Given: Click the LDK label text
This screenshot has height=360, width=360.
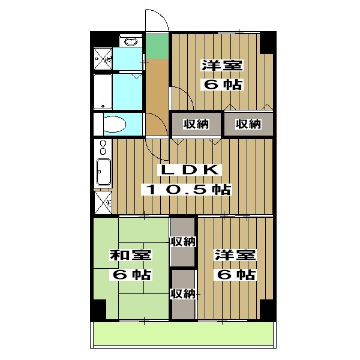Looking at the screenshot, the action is [190, 170].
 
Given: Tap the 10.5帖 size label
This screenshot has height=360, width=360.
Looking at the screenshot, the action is [187, 190].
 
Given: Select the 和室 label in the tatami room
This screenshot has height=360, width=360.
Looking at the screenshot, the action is [130, 255].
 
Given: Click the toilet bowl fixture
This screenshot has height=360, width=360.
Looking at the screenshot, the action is [115, 124].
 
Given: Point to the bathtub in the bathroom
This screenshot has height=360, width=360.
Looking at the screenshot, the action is [103, 92].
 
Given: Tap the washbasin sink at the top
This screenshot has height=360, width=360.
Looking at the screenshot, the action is [131, 41].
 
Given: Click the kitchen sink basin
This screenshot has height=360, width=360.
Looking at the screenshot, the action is [104, 172].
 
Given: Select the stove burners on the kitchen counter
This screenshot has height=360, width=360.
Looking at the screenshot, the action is [103, 147].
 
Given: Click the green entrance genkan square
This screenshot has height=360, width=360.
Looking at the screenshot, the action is [157, 46].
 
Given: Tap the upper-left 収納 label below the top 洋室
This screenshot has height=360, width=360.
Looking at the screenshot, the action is [196, 124].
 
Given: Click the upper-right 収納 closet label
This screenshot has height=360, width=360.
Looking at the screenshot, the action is [248, 124].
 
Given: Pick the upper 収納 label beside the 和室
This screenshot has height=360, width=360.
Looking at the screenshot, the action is [183, 242].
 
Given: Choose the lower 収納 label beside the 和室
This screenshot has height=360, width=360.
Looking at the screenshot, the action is [183, 293].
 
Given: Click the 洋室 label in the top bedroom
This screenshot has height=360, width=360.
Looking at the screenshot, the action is [222, 65].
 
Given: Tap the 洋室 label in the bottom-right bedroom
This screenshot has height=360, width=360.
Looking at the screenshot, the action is [235, 255].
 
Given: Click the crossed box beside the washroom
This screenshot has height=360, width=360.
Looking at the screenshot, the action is [103, 59].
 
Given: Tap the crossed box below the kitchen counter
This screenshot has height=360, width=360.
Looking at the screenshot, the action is [103, 203].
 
